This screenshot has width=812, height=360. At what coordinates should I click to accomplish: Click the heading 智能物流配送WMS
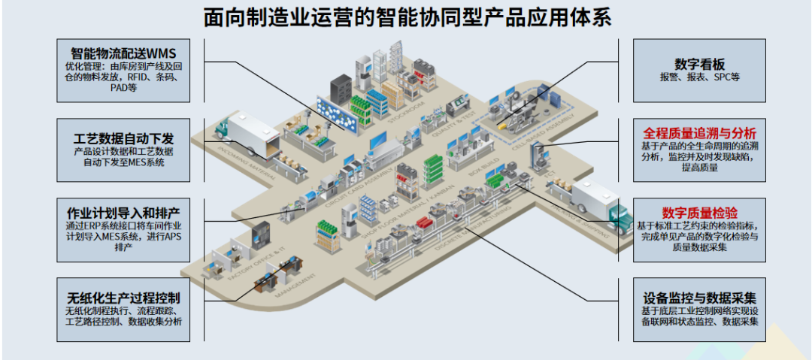123,54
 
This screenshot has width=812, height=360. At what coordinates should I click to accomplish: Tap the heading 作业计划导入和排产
123,210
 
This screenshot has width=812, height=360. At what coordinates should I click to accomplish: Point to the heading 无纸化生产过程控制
123,298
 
